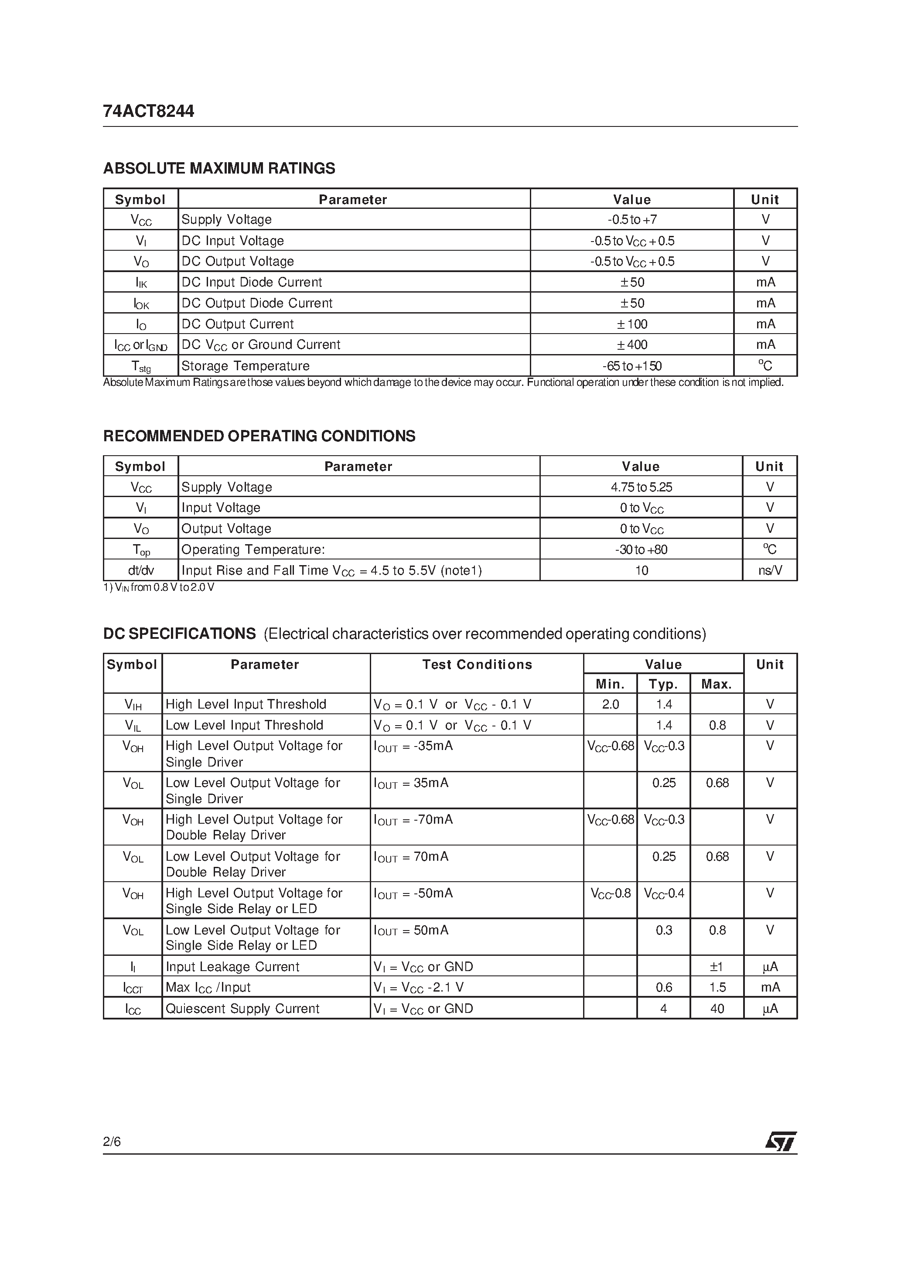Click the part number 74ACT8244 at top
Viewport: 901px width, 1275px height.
tap(148, 112)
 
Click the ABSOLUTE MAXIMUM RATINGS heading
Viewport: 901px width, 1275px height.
tap(219, 168)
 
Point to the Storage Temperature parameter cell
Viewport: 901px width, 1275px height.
tap(245, 366)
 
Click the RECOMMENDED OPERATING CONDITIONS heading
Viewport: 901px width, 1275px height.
tap(259, 436)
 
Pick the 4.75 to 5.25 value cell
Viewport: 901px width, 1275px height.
tap(641, 487)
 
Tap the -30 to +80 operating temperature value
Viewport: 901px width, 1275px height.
tap(641, 550)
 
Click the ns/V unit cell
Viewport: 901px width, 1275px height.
tap(770, 570)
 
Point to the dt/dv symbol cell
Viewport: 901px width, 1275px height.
tap(140, 570)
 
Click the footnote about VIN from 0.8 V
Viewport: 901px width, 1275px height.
tap(159, 587)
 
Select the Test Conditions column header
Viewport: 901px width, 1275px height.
tap(477, 665)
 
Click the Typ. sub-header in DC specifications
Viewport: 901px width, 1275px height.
tap(663, 684)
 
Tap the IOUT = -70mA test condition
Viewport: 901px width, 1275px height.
tap(413, 820)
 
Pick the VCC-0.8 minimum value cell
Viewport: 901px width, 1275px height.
tap(611, 893)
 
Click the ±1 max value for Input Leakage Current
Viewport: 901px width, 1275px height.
tap(717, 967)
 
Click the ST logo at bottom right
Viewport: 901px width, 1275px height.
tap(781, 1141)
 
